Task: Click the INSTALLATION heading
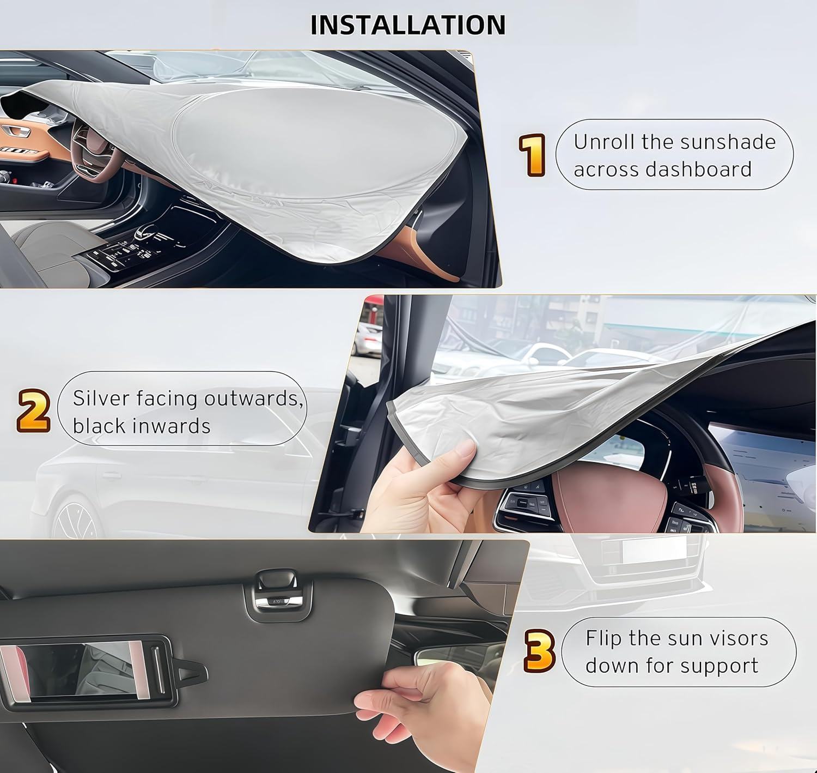[x=408, y=25]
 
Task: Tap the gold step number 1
[x=532, y=155]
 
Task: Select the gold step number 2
[x=34, y=410]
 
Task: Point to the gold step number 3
[x=539, y=651]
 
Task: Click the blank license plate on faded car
[x=654, y=549]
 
